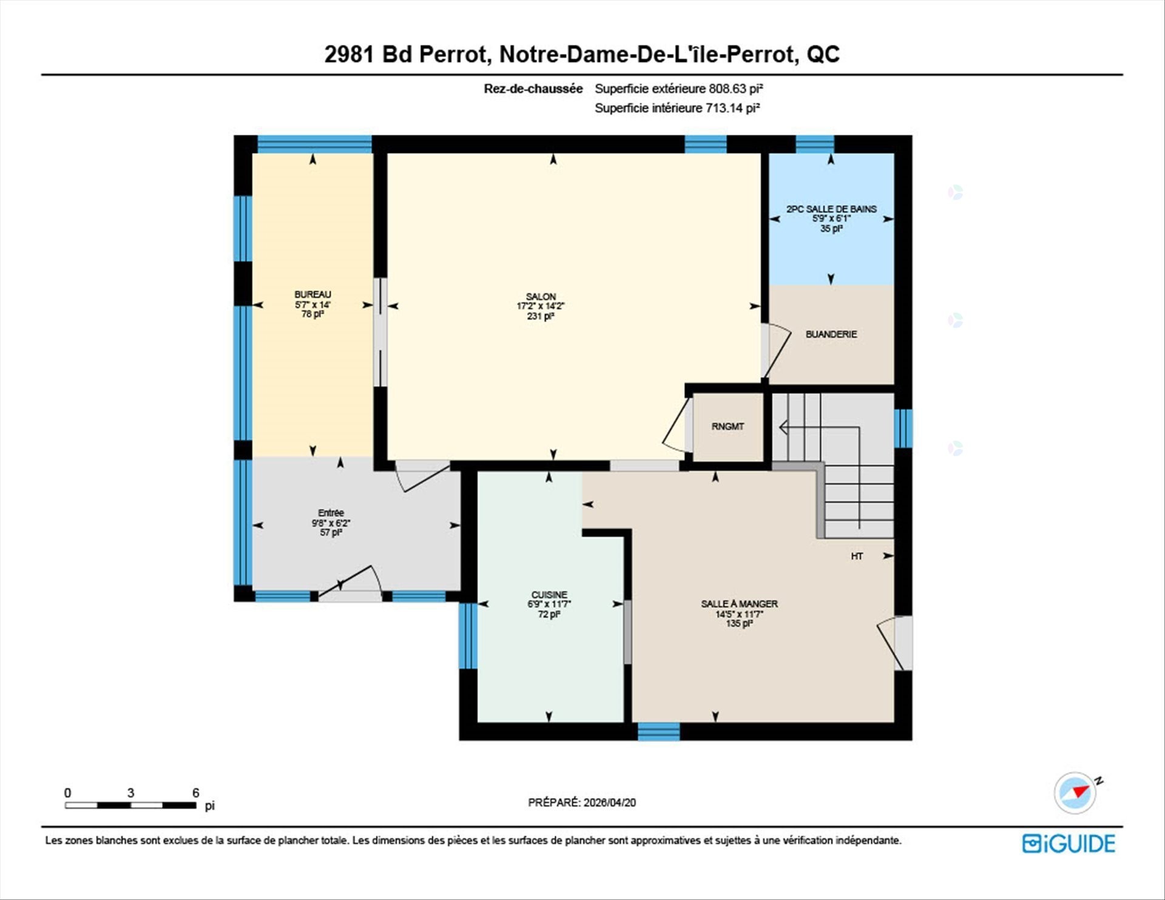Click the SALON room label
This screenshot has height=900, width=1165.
541,297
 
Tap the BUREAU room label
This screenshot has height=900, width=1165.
312,294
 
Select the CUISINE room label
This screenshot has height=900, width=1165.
549,595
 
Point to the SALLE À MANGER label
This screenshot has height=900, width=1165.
739,604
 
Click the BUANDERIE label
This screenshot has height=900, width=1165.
831,334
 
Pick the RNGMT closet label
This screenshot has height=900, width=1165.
728,427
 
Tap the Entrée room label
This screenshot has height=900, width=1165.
331,513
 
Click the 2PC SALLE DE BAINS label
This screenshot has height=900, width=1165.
831,209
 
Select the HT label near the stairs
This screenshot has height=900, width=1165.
857,556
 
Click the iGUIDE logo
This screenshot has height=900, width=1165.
1069,844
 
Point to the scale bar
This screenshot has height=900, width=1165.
130,805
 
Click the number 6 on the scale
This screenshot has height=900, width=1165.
195,793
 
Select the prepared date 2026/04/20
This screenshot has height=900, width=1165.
610,802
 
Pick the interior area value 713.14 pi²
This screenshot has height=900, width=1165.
732,108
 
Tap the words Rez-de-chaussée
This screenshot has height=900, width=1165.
533,89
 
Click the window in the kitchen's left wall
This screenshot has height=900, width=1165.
468,635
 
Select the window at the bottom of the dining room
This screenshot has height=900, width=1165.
659,731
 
